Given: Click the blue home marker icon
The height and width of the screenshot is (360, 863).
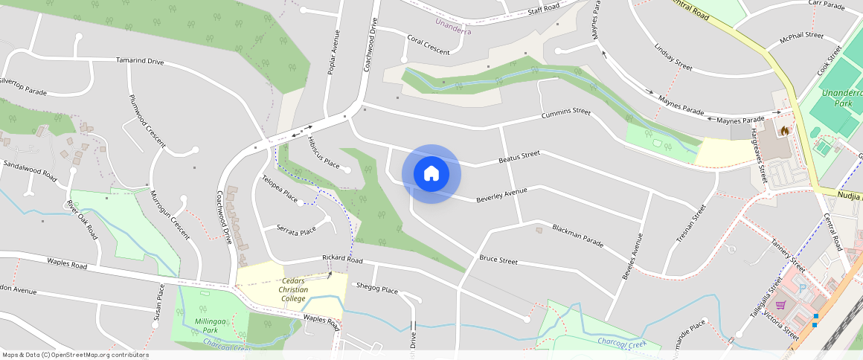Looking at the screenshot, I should [431, 174].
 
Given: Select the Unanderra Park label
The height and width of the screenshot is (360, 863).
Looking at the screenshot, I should [838, 98].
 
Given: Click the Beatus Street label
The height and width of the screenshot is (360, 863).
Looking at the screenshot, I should [519, 157].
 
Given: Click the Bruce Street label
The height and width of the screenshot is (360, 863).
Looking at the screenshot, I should [498, 260].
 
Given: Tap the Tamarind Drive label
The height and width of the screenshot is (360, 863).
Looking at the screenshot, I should [140, 61].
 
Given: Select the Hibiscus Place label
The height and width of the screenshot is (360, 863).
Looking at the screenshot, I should [323, 151].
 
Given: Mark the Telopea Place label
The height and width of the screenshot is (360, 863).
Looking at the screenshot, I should [280, 190].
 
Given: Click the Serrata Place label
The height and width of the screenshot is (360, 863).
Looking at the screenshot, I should [296, 230].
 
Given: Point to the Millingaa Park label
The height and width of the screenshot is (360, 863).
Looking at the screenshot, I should [200, 324].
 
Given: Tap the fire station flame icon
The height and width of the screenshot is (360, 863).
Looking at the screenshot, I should [783, 131].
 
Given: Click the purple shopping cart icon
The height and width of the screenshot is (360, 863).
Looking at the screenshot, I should [780, 304].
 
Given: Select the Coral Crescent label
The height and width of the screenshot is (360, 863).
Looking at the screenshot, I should [429, 45].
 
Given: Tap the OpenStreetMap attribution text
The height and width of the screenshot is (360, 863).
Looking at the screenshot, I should [74, 355].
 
